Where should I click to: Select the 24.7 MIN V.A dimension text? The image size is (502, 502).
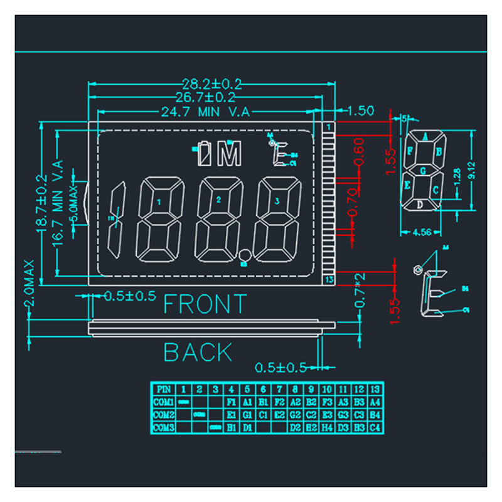pos(206,112)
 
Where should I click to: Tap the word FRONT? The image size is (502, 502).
pos(205,304)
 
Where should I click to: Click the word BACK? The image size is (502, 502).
pos(198,353)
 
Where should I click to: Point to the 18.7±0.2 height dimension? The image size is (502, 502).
pos(41,201)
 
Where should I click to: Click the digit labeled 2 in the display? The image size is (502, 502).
pos(218,218)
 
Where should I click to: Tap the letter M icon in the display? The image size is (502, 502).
pos(229,153)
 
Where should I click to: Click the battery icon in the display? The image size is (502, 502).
pos(203,153)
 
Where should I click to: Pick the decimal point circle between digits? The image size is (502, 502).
pos(245,255)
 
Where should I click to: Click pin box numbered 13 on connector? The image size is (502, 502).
pos(329,279)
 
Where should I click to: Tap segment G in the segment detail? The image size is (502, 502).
pos(424,170)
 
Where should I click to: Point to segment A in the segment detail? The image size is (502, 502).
pos(425,136)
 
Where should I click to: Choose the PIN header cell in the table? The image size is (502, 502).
pos(164,389)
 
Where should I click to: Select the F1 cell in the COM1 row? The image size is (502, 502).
pos(232,402)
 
